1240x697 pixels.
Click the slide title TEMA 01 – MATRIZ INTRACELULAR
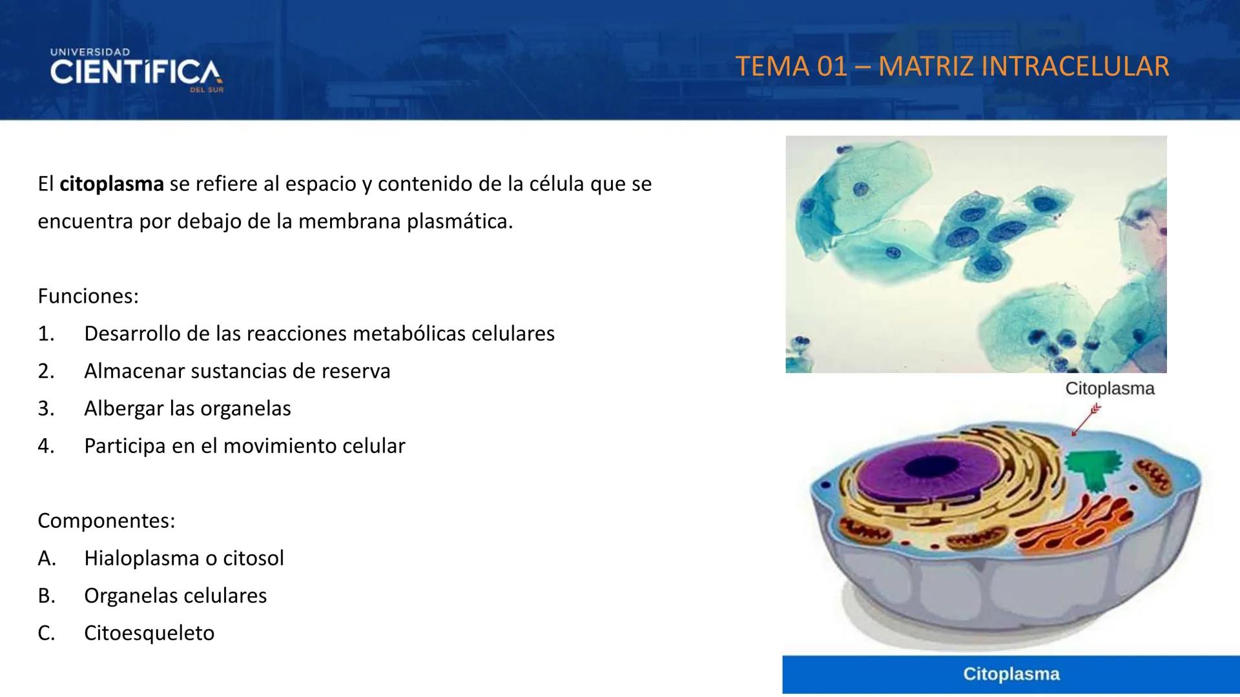click(952, 66)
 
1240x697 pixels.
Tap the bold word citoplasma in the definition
click(111, 184)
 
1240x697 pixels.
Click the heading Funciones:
click(88, 296)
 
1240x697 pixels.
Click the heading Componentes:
click(106, 520)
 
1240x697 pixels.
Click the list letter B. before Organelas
click(46, 595)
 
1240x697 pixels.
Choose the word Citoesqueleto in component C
click(149, 632)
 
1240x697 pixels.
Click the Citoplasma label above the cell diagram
click(1110, 389)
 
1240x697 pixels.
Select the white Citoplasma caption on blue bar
click(1011, 674)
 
